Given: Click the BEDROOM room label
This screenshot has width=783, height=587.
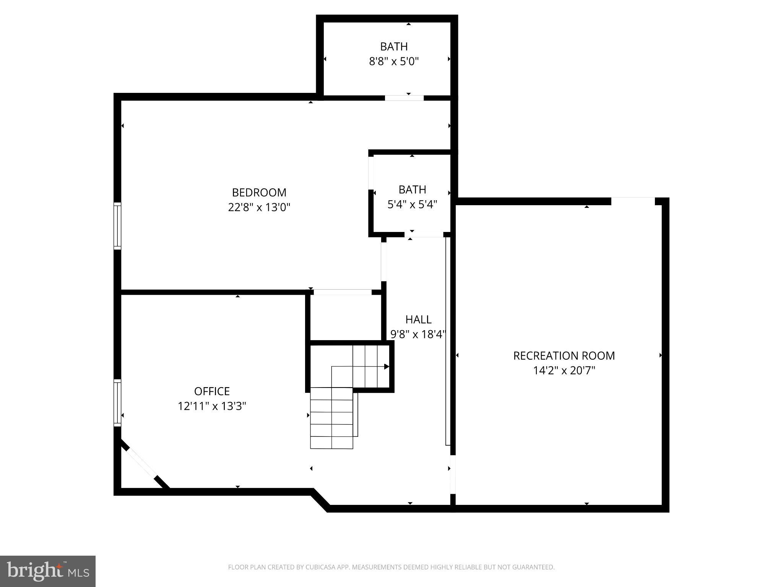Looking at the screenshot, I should coord(259,192).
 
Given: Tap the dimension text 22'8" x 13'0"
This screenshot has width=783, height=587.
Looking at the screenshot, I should coord(259,208).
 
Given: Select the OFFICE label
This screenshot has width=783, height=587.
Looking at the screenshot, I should coord(212,391).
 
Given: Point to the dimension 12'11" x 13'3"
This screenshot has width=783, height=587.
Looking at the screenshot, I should coord(212,406).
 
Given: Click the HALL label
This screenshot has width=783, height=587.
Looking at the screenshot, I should coord(418,319).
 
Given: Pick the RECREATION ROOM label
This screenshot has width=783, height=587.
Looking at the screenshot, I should coord(564,356).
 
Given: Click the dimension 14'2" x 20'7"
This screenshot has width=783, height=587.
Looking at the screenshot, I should coord(564,371).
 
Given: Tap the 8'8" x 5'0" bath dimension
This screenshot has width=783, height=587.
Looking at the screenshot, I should coord(394,62).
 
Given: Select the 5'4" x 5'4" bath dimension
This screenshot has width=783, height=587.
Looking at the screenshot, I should coord(412,205).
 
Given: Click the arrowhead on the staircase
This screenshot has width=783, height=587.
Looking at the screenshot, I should coord(387,366).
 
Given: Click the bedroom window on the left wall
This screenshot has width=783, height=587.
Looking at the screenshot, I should coord(117,226).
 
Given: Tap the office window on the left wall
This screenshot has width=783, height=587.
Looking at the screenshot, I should coord(117,403).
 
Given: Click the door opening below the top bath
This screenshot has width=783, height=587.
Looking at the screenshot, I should coord(404,98).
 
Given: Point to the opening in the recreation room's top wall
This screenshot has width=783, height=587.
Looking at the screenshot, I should coord(633,201).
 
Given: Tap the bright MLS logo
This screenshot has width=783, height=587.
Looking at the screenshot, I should coord(47,571).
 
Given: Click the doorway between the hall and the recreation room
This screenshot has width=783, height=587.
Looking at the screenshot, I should coord(453,474).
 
